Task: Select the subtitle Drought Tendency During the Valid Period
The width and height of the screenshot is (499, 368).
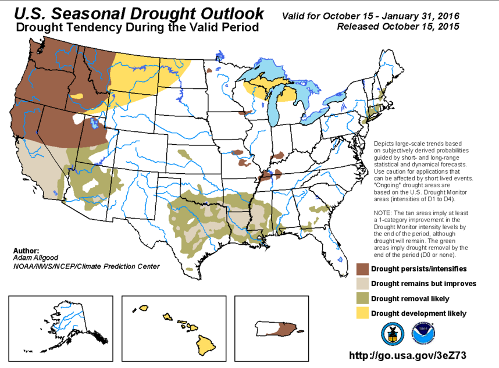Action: point(138,27)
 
